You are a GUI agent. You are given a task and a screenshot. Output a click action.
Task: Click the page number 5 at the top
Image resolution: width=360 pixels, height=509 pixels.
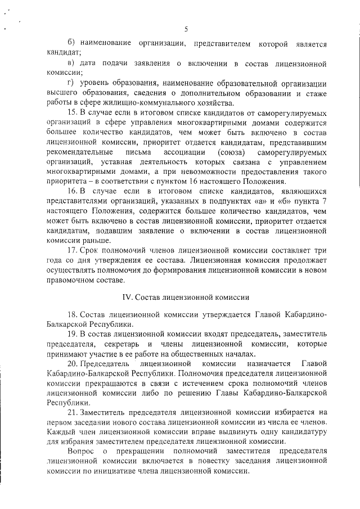(185, 29)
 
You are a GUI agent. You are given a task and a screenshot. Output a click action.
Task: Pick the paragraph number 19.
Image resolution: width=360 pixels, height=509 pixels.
(71, 335)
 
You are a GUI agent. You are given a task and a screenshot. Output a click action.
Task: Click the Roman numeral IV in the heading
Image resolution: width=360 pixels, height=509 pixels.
(127, 296)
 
